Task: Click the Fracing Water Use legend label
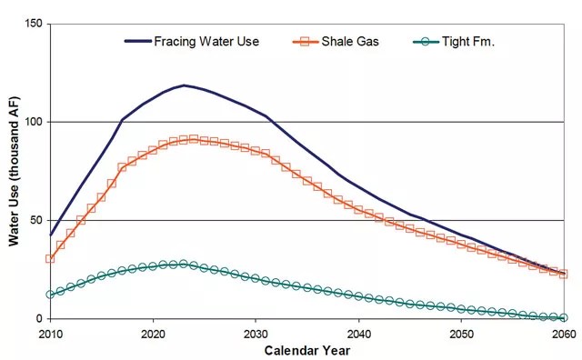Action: pos(206,41)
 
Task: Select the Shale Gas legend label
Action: pos(350,41)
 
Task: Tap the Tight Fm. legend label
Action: pos(468,41)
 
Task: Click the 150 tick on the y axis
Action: pos(34,24)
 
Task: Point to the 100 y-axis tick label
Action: pos(34,122)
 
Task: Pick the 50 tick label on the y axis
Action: pos(36,220)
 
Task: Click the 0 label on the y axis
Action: pos(39,319)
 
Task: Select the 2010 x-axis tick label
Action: pos(51,334)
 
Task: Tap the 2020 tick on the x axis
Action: pos(153,334)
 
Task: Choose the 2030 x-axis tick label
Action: pos(256,334)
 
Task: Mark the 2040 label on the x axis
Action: pos(358,334)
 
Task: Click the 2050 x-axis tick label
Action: pos(461,334)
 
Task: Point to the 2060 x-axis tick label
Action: pos(564,334)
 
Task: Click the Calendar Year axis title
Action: pos(307,351)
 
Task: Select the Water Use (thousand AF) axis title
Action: pos(14,171)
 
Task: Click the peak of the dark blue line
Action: pos(184,85)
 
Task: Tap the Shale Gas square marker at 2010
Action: pos(50,258)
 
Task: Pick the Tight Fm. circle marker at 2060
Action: pos(564,317)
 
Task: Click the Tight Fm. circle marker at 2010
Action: pos(50,295)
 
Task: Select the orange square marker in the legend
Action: pos(306,42)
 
